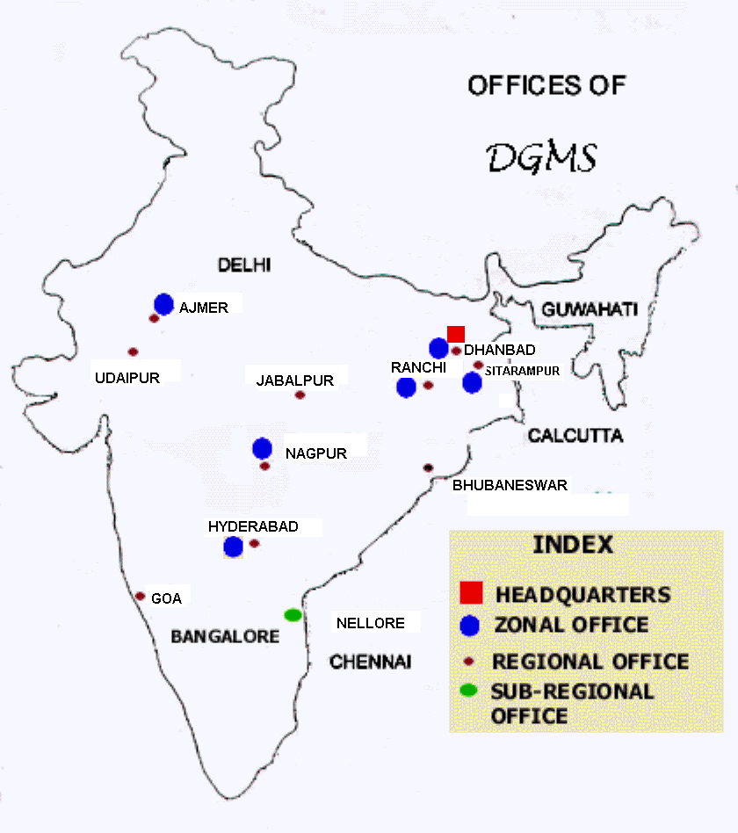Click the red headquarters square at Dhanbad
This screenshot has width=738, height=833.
456,333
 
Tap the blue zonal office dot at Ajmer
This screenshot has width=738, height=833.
163,304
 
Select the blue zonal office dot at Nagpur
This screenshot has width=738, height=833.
262,448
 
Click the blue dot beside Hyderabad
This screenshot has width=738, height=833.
233,547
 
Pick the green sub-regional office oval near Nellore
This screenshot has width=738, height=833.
293,615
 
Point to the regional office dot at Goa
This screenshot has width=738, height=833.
140,596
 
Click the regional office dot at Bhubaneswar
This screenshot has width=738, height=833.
429,467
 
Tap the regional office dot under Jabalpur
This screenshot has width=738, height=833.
300,395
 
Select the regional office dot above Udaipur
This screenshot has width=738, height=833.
133,351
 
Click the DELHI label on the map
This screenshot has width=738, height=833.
245,264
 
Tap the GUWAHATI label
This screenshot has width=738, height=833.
590,309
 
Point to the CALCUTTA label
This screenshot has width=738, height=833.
575,436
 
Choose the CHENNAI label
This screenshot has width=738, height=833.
370,662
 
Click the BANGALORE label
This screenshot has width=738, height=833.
225,635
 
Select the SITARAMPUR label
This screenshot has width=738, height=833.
522,371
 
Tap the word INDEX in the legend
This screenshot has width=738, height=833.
573,545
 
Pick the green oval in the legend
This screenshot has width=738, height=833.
469,690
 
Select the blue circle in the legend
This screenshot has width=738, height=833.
471,626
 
